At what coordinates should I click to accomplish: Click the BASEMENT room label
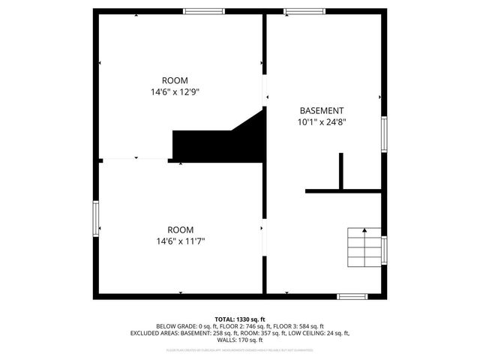[x=322, y=109]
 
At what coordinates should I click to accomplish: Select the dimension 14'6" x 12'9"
[x=175, y=91]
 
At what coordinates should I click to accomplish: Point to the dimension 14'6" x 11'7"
[x=180, y=241]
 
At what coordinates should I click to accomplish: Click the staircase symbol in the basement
[x=364, y=247]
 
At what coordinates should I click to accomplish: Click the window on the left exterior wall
[x=96, y=218]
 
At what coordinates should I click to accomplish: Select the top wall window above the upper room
[x=204, y=11]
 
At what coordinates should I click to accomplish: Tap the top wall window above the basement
[x=304, y=11]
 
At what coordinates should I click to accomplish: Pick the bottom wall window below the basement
[x=352, y=296]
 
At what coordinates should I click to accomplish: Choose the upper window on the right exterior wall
[x=384, y=133]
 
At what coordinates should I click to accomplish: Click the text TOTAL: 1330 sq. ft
[x=240, y=319]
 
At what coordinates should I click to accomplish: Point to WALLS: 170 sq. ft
[x=240, y=340]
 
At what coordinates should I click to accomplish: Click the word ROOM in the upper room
[x=175, y=80]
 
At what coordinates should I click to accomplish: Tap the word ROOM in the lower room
[x=180, y=229]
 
